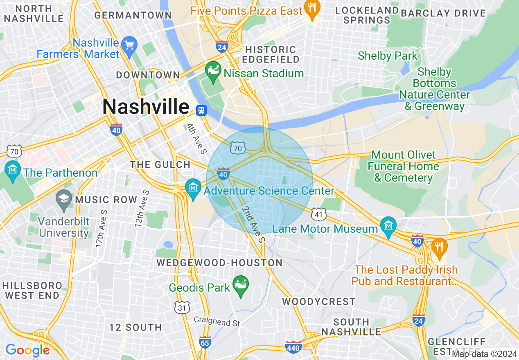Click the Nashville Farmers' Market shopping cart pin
129,45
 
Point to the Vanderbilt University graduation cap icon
63,199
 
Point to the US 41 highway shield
318,214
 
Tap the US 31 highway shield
183,307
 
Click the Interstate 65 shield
205,342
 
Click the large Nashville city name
146,107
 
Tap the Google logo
27,350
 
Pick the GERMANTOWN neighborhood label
133,16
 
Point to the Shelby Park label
387,56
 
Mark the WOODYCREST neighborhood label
319,302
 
